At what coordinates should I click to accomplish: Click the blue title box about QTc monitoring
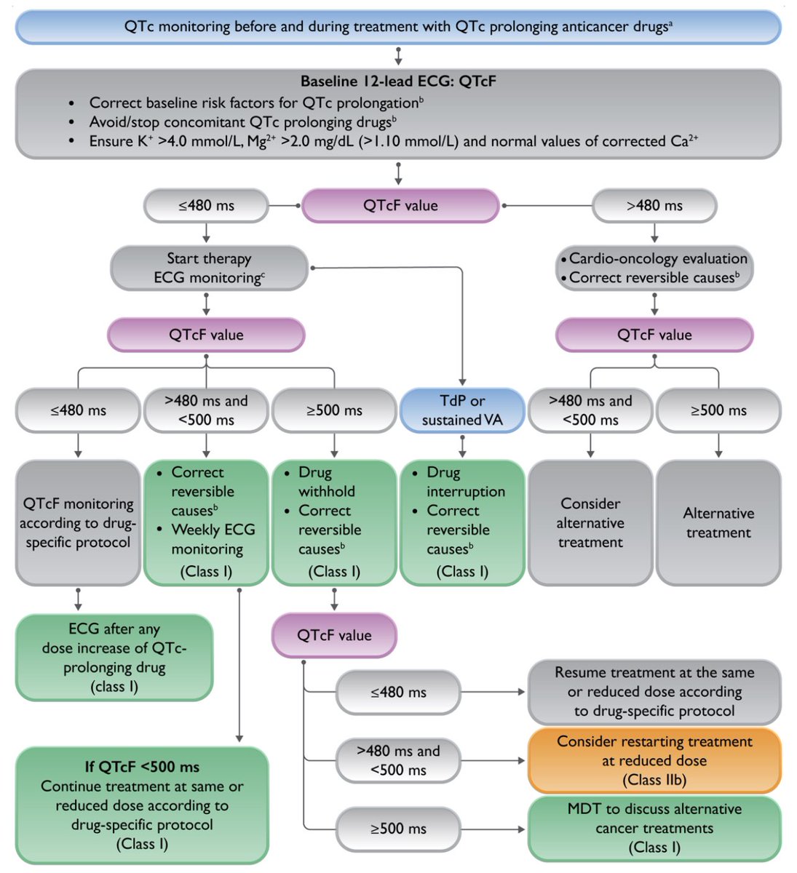398,27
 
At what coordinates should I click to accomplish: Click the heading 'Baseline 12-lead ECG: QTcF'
398,81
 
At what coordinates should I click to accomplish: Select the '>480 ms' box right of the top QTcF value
654,205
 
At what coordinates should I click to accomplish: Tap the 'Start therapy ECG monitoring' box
209,268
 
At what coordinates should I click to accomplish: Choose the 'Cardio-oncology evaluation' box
654,268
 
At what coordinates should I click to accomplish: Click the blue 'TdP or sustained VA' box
462,410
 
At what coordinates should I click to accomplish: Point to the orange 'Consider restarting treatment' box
654,761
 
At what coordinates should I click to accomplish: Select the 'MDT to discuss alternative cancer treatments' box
654,828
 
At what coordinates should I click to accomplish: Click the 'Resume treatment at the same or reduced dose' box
654,692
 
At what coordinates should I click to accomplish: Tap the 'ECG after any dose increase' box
114,658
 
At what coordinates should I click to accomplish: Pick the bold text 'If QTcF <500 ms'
142,767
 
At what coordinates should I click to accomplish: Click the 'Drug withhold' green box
334,522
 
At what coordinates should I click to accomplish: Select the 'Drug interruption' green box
462,522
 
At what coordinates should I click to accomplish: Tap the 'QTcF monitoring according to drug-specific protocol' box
78,522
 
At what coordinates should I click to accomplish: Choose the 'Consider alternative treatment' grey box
590,522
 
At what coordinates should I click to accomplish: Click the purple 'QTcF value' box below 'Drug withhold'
334,635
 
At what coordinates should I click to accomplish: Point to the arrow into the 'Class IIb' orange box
492,761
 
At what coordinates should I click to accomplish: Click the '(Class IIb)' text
654,780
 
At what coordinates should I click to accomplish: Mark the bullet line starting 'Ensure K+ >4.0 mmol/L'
394,141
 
